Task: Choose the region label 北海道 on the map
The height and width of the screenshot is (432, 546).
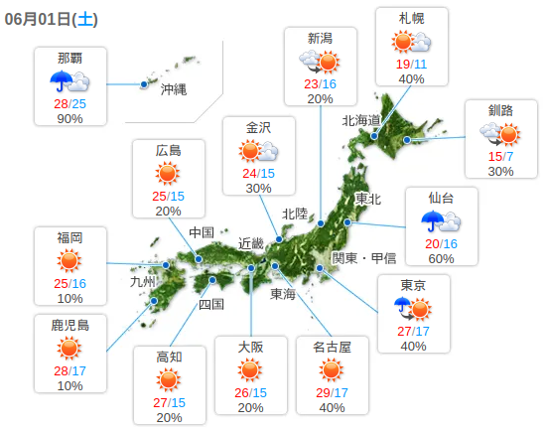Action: tap(361, 120)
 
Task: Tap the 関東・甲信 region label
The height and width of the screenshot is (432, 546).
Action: tap(364, 257)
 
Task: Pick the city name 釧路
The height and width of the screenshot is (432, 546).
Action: tap(500, 109)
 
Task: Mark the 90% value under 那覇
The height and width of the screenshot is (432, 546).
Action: tap(69, 118)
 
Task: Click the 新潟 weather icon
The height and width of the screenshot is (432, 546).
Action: tap(320, 62)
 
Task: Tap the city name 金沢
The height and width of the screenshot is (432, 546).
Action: tap(258, 127)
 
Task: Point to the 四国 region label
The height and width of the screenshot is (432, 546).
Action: tap(211, 304)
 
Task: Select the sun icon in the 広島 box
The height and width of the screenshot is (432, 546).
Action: tap(168, 174)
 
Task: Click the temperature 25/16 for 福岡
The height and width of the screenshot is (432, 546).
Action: tap(69, 283)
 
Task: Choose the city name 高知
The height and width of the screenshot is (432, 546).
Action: tap(169, 357)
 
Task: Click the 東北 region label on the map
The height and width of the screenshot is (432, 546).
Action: tap(368, 199)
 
